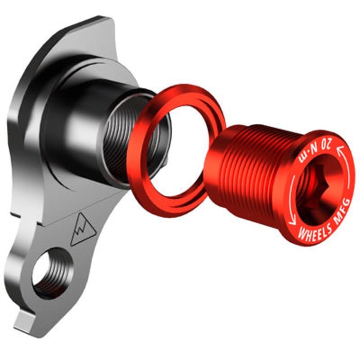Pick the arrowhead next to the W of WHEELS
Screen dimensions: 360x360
(x=292, y=222)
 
